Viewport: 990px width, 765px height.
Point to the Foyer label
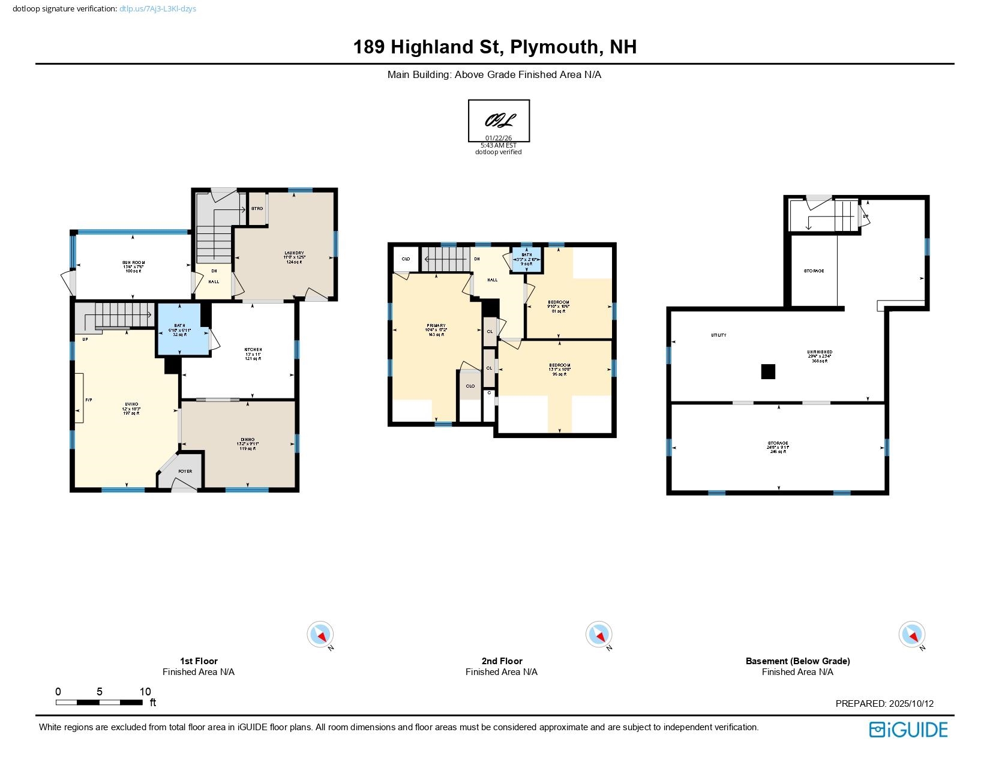tap(185, 471)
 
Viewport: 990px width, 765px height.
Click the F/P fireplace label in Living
tap(88, 400)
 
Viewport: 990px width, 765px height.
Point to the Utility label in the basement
tap(718, 335)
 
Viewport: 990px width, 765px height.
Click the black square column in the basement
tap(768, 372)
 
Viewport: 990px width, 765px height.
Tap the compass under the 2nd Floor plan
tap(598, 634)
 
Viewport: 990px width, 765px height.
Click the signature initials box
tap(499, 121)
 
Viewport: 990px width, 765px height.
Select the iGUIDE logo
tap(908, 730)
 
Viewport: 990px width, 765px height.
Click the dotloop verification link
tap(157, 9)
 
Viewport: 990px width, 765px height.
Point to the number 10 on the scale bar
tap(145, 691)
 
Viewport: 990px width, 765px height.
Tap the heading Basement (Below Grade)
tap(797, 661)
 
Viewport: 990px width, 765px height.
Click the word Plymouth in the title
tap(555, 47)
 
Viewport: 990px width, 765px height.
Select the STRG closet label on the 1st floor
tap(257, 208)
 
